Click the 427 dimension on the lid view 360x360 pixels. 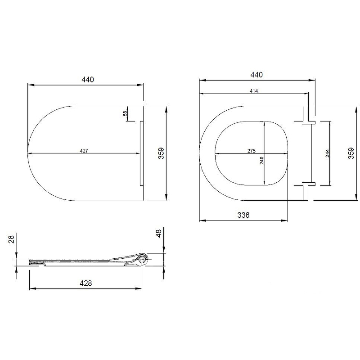tap(84, 151)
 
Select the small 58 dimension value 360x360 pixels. tap(125, 113)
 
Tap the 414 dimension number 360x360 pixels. tap(254, 91)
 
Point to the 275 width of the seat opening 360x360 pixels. tap(252, 151)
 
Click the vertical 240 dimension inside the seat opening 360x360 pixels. tap(262, 161)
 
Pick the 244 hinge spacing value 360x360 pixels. tap(328, 153)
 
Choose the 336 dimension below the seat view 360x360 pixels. tap(243, 215)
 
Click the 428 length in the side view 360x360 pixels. tap(85, 283)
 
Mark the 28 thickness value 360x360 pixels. tap(12, 239)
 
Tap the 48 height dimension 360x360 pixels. tap(158, 233)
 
